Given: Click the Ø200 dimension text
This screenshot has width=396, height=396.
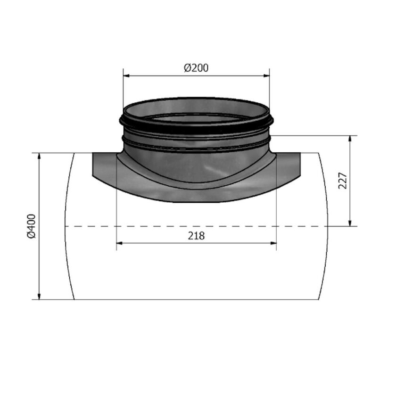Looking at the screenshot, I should [196, 68].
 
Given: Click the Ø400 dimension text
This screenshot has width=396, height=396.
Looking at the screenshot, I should [31, 227].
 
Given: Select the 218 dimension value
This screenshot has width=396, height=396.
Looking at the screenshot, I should [196, 236].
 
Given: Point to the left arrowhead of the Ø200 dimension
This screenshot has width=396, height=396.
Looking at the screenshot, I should [126, 75].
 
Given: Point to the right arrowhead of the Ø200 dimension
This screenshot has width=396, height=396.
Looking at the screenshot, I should [267, 75].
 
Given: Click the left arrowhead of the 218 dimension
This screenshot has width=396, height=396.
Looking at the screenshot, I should [119, 243].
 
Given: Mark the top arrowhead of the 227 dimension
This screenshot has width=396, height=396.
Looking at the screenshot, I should [350, 139].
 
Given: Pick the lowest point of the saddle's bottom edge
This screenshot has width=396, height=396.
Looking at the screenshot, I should [196, 202].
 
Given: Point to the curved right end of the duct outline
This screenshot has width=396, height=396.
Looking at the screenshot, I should [328, 226].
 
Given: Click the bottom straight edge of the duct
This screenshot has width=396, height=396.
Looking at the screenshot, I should [196, 299].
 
